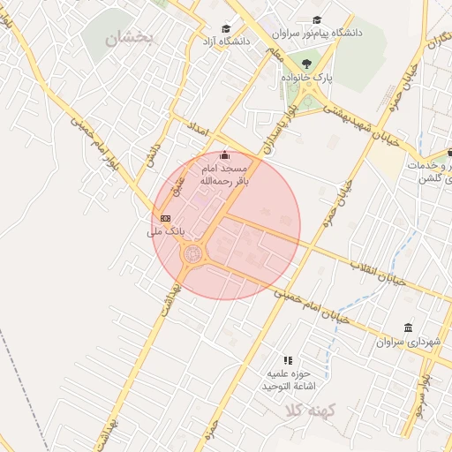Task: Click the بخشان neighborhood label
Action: pos(128,37)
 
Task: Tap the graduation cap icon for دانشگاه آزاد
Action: pos(226,28)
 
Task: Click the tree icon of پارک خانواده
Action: pos(306,64)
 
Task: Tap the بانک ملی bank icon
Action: pos(164,218)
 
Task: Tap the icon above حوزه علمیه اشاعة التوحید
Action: pos(288,360)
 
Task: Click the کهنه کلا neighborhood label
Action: pos(305,410)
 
